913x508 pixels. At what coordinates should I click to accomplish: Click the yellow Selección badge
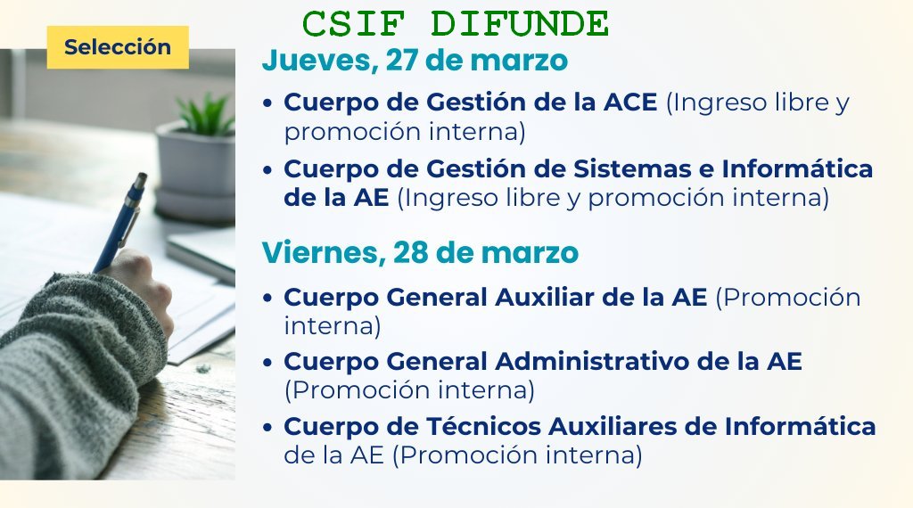pos(118,47)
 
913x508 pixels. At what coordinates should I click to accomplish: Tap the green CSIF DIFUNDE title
pos(456,24)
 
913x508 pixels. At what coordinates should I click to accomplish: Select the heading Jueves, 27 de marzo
pos(415,61)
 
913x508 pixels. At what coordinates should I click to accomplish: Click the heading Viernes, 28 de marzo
pos(420,252)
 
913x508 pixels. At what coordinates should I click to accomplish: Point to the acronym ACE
pos(630,102)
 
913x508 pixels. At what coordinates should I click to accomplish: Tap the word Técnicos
pos(484,426)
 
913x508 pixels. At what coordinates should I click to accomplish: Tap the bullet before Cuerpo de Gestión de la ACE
pos(267,103)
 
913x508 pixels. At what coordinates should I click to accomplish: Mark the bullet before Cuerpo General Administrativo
pos(267,363)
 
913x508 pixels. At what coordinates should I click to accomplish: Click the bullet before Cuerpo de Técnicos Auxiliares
pos(267,428)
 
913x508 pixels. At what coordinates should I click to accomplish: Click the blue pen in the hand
pos(121,222)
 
